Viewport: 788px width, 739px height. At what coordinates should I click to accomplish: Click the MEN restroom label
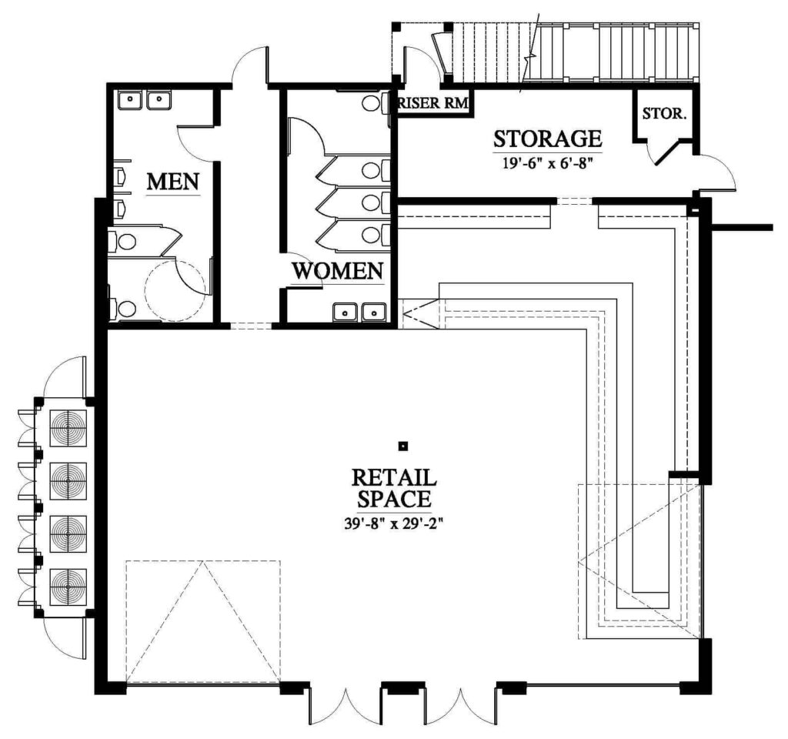(x=173, y=182)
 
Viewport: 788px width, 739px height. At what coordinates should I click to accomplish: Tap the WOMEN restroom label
(x=338, y=271)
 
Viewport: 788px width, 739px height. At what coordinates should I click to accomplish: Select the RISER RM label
(x=432, y=104)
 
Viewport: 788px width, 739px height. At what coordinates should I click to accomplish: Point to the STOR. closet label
(x=664, y=114)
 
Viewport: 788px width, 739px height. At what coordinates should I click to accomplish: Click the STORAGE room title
(x=548, y=139)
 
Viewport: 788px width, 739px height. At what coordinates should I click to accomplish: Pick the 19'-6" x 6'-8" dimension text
(x=547, y=163)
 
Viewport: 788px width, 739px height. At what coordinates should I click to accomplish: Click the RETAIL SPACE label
(x=393, y=487)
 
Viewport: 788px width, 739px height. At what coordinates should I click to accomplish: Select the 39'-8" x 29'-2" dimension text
(x=393, y=523)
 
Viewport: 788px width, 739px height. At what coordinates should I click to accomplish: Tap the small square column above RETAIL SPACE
(x=402, y=446)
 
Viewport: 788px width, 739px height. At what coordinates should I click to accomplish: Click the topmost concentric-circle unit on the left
(x=68, y=428)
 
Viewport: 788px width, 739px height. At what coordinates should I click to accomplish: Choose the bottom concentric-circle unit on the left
(x=68, y=587)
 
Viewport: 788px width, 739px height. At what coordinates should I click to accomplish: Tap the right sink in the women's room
(x=373, y=313)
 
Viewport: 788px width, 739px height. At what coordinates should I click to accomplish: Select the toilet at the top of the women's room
(x=374, y=104)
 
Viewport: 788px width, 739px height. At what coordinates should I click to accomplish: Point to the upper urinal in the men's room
(x=119, y=176)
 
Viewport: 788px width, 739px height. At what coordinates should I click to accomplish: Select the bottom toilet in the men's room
(x=122, y=309)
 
